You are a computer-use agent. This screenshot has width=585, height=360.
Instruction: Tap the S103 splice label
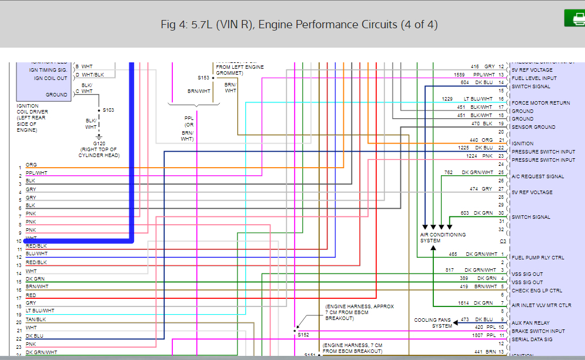click(109, 110)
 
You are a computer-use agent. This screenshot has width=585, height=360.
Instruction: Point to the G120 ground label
click(99, 144)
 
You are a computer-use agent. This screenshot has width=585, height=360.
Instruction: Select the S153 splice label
click(203, 78)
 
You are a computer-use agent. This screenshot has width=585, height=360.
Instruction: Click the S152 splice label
click(303, 334)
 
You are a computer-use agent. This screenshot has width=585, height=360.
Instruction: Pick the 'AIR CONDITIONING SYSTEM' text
click(443, 238)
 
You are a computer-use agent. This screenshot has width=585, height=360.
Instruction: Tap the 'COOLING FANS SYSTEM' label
click(433, 323)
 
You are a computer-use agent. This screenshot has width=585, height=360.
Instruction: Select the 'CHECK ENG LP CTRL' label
click(537, 291)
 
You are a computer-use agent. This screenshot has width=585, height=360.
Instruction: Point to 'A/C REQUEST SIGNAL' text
click(538, 176)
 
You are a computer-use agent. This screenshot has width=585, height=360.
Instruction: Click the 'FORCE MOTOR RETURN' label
click(540, 103)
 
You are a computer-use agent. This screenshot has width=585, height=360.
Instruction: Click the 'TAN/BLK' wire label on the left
click(36, 319)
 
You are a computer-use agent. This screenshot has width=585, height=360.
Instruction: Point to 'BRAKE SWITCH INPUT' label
click(538, 331)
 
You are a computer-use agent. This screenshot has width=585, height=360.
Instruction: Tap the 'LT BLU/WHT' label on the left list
click(40, 311)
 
